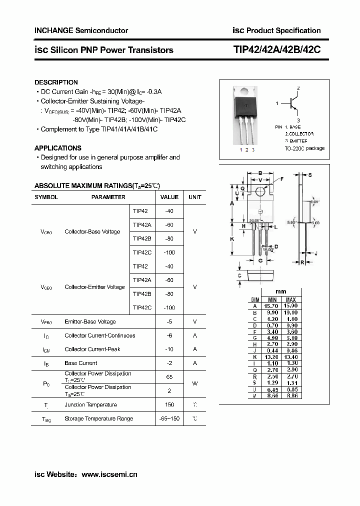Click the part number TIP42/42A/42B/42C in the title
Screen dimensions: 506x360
(x=277, y=50)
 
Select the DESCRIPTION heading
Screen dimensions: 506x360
(x=56, y=82)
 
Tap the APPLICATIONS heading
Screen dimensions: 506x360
(x=57, y=148)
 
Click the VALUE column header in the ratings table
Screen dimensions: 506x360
(x=169, y=197)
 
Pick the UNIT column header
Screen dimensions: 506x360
(x=195, y=197)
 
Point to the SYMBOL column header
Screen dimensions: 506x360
(x=46, y=197)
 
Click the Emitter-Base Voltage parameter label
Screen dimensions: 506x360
(x=90, y=321)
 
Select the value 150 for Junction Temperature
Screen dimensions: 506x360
(x=169, y=404)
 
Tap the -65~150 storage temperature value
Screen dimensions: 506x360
(x=169, y=418)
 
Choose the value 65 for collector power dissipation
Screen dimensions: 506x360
(x=169, y=376)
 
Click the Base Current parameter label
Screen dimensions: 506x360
(x=80, y=363)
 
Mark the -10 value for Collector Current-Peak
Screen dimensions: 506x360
(x=169, y=349)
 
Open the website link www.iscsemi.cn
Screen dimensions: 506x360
(x=109, y=474)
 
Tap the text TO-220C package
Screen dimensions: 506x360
(x=304, y=148)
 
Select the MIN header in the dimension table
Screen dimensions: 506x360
(x=272, y=299)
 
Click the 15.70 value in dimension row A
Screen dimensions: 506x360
(x=272, y=305)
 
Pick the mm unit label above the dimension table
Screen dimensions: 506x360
(x=281, y=292)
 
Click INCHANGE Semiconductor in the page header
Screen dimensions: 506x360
(x=81, y=30)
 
